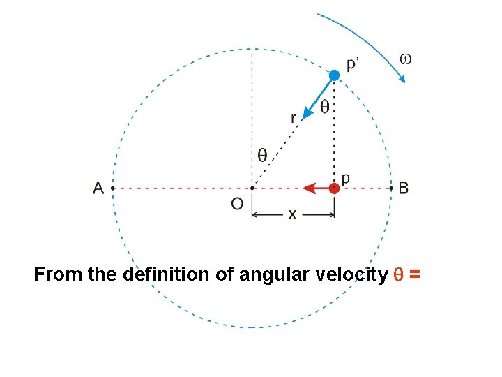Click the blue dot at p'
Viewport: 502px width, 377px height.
[335, 75]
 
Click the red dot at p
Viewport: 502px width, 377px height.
[335, 188]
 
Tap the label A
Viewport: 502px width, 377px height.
[98, 188]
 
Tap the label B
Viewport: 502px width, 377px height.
[404, 188]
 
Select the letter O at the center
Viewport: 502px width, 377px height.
[237, 204]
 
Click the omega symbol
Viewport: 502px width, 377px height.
[405, 58]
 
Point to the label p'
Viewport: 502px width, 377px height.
[354, 64]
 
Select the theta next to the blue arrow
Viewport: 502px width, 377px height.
[325, 107]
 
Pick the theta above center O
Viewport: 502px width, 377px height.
[262, 156]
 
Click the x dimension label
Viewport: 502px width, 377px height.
[292, 215]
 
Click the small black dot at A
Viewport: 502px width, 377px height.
[112, 188]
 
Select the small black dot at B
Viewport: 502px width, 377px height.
[390, 188]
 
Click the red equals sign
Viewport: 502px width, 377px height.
[415, 275]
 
